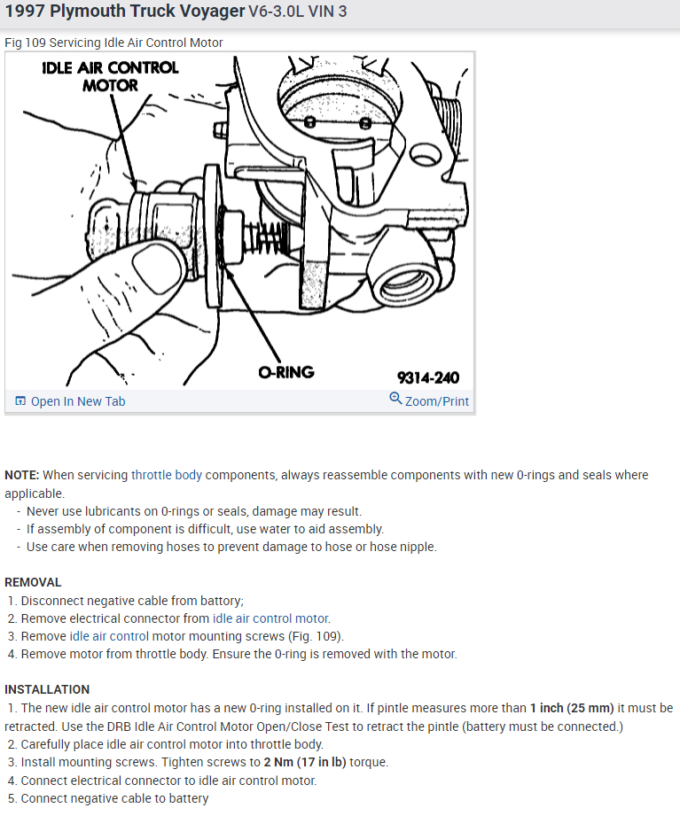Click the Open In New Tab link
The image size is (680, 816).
coord(78,401)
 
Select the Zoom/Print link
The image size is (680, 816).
coord(437,401)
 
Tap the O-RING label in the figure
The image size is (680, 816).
coord(286,372)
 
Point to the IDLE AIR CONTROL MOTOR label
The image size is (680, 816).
coord(110,76)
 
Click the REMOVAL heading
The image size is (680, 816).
coord(33,582)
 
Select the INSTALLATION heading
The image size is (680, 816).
coord(47,689)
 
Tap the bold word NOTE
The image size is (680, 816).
coord(21,475)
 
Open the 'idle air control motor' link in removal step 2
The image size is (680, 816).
coord(270,618)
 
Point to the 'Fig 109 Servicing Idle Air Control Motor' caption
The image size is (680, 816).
coord(113,43)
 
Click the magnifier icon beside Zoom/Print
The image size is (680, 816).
coord(395,399)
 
